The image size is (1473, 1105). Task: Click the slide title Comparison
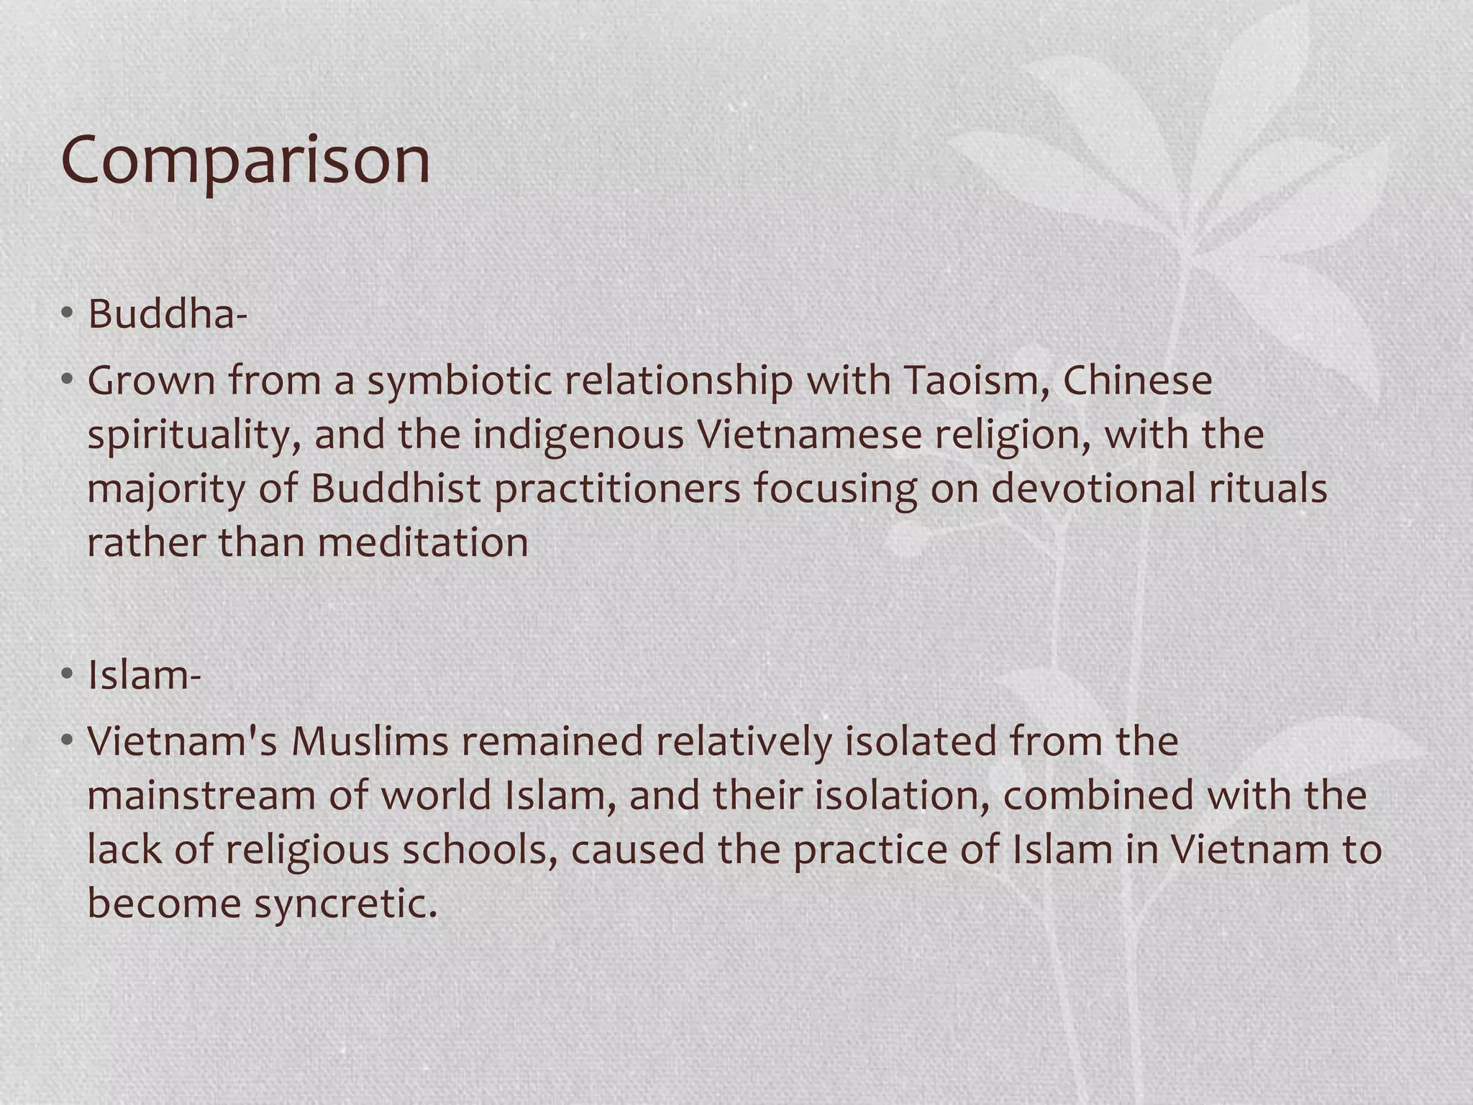click(246, 160)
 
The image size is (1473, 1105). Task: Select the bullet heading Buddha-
click(167, 314)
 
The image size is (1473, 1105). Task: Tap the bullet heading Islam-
click(144, 676)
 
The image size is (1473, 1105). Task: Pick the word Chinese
click(1137, 381)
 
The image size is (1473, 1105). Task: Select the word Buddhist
click(395, 488)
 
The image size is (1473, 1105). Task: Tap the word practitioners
click(617, 490)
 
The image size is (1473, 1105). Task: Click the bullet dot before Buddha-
click(67, 314)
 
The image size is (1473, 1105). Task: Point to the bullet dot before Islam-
click(67, 676)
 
